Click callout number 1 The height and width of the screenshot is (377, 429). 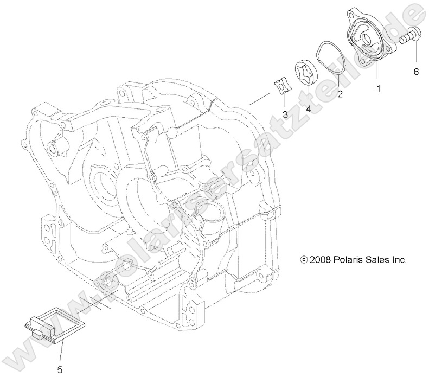coord(379,86)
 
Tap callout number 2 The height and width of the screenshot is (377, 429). coord(340,93)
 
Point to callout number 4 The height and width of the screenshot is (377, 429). coord(308,108)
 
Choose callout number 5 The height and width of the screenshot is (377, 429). coord(60,369)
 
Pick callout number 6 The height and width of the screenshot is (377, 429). coord(416,71)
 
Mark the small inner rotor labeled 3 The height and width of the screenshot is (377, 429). coord(283,87)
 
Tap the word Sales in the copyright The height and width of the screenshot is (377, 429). coord(377,260)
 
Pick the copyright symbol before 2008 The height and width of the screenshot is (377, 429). coord(304,260)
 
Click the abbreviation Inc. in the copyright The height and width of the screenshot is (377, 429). coord(399,260)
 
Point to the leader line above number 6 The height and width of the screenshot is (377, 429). coord(416,54)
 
